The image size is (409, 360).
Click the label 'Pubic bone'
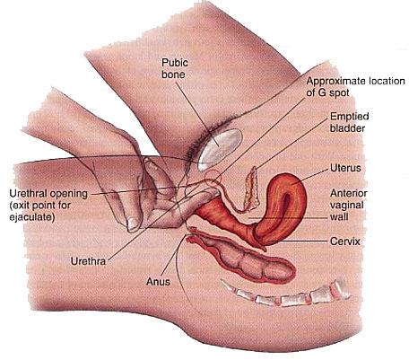coord(175,68)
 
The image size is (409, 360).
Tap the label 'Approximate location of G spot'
coord(355,87)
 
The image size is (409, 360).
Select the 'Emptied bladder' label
coord(350,122)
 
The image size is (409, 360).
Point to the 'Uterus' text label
coord(345,168)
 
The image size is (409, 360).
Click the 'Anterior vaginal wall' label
coord(349,205)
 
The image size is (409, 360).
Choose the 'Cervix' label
coord(345,241)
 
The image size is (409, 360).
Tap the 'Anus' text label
coord(158,282)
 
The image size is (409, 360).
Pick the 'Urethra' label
coord(88,261)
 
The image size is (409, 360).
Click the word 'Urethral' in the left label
coord(28,194)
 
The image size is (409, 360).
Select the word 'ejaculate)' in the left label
coord(32,217)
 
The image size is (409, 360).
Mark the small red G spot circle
coord(213,178)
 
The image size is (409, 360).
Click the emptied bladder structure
coord(252,189)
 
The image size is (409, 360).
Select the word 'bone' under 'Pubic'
coord(173,75)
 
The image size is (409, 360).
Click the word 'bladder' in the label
coord(347,127)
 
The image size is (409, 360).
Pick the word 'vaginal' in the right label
coord(347,206)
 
